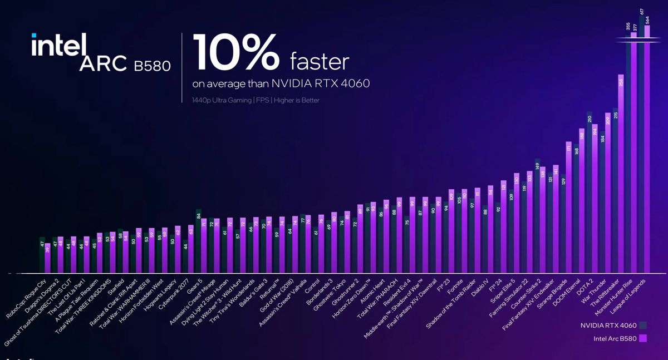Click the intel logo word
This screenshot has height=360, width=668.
59,45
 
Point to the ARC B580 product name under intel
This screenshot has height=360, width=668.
125,64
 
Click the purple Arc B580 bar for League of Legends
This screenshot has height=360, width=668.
647,150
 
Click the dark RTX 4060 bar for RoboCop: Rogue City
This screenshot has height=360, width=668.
42,255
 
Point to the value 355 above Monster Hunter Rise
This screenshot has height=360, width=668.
628,26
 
